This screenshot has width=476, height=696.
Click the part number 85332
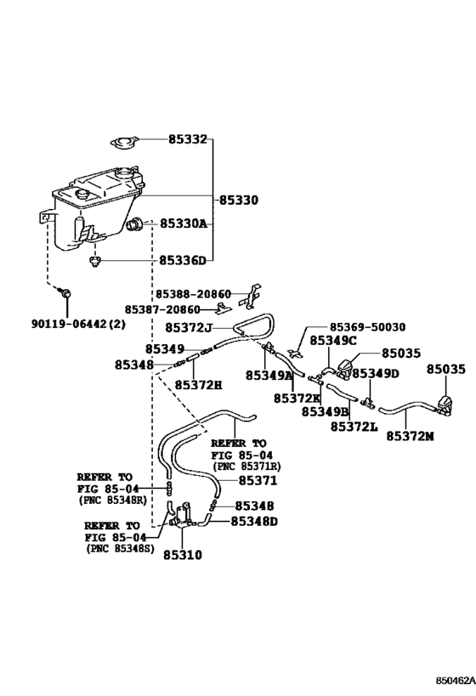click(187, 139)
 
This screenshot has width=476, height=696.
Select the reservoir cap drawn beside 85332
click(124, 143)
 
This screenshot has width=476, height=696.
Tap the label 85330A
click(183, 224)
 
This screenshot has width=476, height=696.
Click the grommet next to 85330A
click(133, 224)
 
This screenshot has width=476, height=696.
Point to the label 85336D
click(183, 260)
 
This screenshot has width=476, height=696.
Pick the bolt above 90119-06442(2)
click(65, 292)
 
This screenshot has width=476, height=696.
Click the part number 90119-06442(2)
click(78, 325)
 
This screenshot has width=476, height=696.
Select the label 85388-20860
click(193, 294)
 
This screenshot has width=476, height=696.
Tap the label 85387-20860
click(162, 309)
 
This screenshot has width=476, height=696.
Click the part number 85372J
click(189, 327)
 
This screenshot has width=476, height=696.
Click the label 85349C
click(333, 341)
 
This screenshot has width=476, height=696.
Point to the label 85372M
click(410, 436)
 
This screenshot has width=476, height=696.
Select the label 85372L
click(354, 427)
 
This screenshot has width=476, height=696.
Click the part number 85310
click(183, 555)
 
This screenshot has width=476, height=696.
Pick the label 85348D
click(254, 521)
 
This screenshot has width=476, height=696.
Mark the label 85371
click(258, 481)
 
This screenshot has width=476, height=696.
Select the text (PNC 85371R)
click(246, 467)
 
